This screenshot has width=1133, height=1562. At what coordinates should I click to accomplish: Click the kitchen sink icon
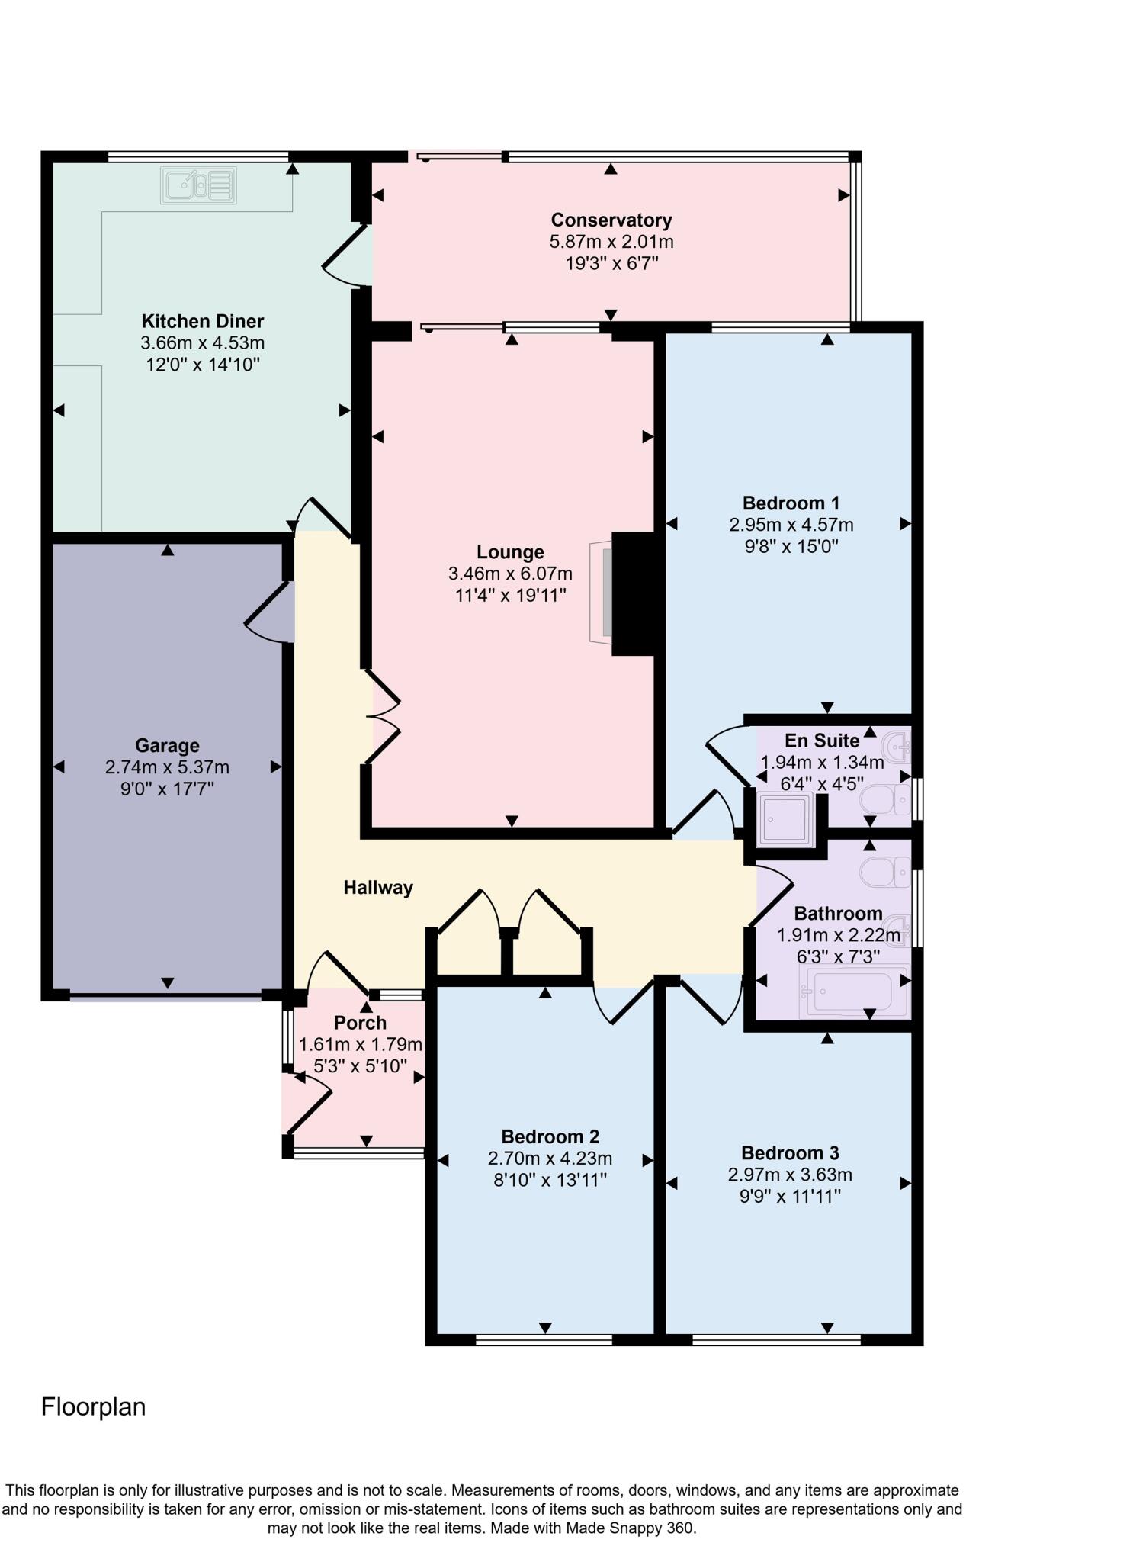tap(198, 185)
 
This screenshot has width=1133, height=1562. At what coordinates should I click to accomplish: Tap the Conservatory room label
tap(611, 220)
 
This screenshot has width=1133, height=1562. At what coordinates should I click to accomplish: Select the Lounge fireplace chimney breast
tap(633, 594)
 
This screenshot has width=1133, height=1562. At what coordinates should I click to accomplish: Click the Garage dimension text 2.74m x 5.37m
tap(167, 767)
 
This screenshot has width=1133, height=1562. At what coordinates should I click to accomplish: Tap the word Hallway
tap(378, 887)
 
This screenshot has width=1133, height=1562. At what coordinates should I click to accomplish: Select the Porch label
tap(360, 1023)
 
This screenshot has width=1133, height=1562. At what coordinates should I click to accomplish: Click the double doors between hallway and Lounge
tap(383, 717)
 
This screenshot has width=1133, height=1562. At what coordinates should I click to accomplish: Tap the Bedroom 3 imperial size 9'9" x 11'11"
tap(790, 1197)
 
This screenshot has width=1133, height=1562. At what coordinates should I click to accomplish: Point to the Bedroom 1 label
tap(791, 503)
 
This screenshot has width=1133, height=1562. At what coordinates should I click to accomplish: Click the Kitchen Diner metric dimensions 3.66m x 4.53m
tap(202, 343)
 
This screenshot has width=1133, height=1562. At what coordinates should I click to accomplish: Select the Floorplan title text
tap(93, 1407)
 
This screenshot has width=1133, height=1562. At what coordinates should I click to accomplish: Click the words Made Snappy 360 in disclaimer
tap(639, 1528)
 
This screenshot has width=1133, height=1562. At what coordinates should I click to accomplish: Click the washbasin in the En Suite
tap(897, 744)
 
